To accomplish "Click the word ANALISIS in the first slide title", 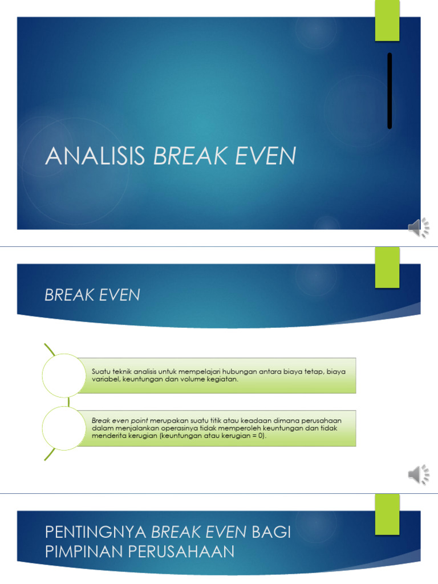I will pos(95,156).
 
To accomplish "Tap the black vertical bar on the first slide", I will pos(390,91).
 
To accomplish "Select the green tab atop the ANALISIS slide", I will pos(387,21).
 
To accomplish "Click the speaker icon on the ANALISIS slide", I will pos(419,228).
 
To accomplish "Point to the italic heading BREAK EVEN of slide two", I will pos(92,295).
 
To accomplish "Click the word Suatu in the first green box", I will pos(100,372).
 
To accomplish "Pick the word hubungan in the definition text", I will pos(228,372).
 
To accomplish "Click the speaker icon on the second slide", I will pos(419,474).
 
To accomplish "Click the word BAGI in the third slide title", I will pos(271,533).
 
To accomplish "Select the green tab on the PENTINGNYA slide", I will pos(387,513).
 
